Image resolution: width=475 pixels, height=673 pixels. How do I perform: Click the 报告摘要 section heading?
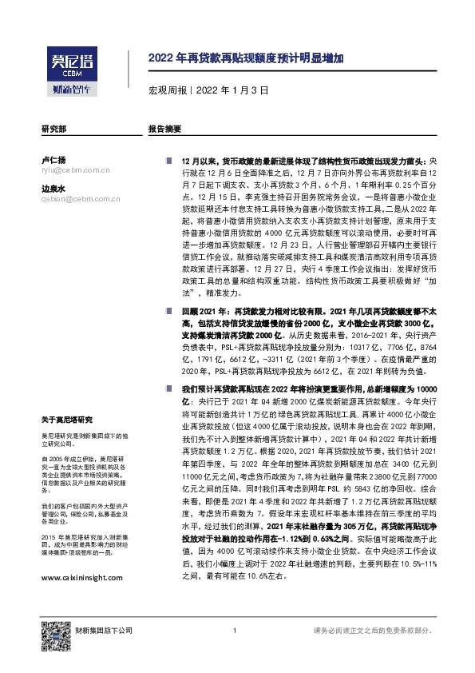click(x=165, y=129)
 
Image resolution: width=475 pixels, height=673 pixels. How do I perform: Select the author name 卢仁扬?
click(x=53, y=160)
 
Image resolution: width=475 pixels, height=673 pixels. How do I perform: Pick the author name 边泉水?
click(x=53, y=189)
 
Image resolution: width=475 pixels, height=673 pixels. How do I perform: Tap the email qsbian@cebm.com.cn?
click(x=76, y=200)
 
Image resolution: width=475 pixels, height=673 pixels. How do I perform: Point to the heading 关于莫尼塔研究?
click(x=67, y=419)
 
